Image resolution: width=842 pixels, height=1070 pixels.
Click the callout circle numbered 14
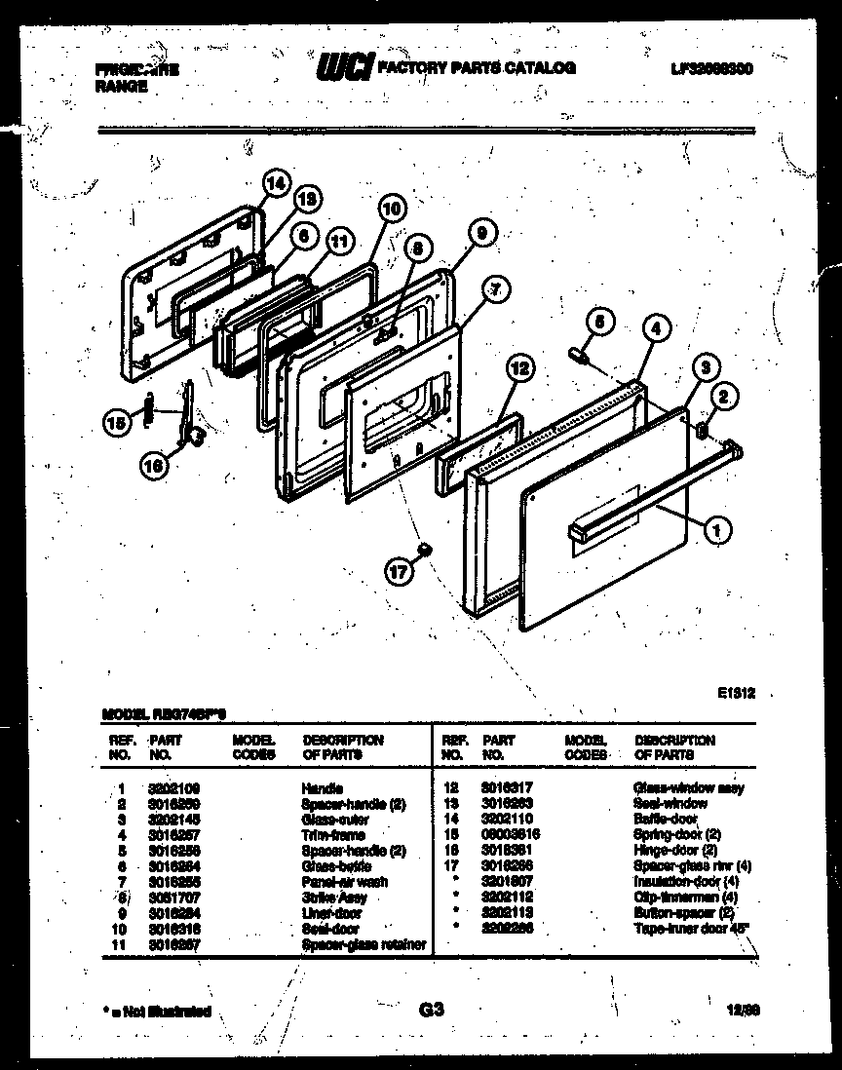point(277,183)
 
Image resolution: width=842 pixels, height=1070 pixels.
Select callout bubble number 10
point(390,207)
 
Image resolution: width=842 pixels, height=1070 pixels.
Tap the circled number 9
point(480,232)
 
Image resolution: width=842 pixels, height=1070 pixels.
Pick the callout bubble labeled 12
point(520,368)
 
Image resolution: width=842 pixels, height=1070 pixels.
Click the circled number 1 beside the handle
point(716,530)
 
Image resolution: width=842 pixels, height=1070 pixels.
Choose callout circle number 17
point(398,573)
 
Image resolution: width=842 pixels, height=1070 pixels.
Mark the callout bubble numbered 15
point(117,422)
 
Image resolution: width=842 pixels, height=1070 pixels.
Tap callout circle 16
point(153,466)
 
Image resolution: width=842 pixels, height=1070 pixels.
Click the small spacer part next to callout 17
point(424,552)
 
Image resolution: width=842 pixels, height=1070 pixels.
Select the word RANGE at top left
point(122,86)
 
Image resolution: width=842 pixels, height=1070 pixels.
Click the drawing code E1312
point(737,693)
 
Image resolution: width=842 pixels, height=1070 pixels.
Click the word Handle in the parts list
point(323,787)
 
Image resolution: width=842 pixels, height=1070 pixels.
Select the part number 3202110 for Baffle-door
point(506,820)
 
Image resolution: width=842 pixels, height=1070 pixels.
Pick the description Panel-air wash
point(345,881)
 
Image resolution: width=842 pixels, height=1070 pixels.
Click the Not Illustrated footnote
point(156,1012)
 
